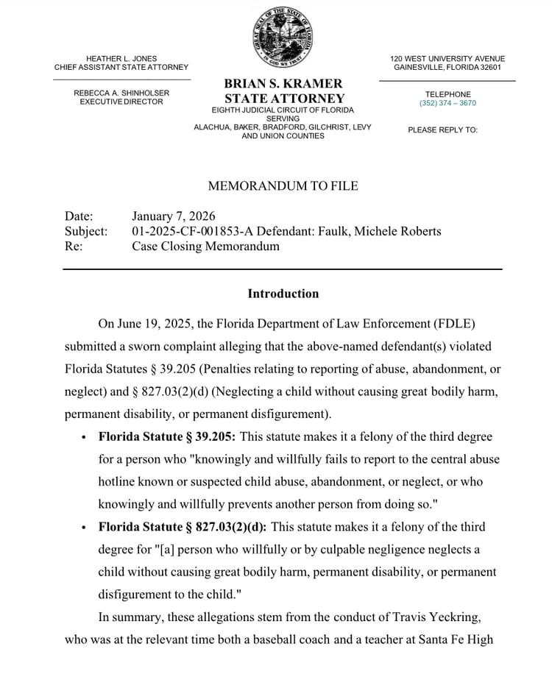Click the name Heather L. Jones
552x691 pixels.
coord(121,59)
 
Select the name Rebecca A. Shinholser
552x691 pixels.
coord(121,93)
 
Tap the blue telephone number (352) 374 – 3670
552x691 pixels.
coord(447,104)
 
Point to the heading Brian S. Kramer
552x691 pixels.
coord(283,84)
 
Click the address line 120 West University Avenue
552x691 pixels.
coord(447,59)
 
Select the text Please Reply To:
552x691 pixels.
coord(442,130)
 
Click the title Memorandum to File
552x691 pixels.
coord(283,186)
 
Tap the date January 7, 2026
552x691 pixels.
coord(174,216)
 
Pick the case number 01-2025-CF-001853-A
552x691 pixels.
coord(194,231)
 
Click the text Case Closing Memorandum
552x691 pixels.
coord(205,246)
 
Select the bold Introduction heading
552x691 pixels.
coord(283,294)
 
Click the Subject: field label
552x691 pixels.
coord(86,231)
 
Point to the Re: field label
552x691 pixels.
coord(74,246)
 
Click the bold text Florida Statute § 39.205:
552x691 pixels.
coord(167,436)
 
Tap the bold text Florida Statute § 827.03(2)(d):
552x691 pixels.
coord(183,527)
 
